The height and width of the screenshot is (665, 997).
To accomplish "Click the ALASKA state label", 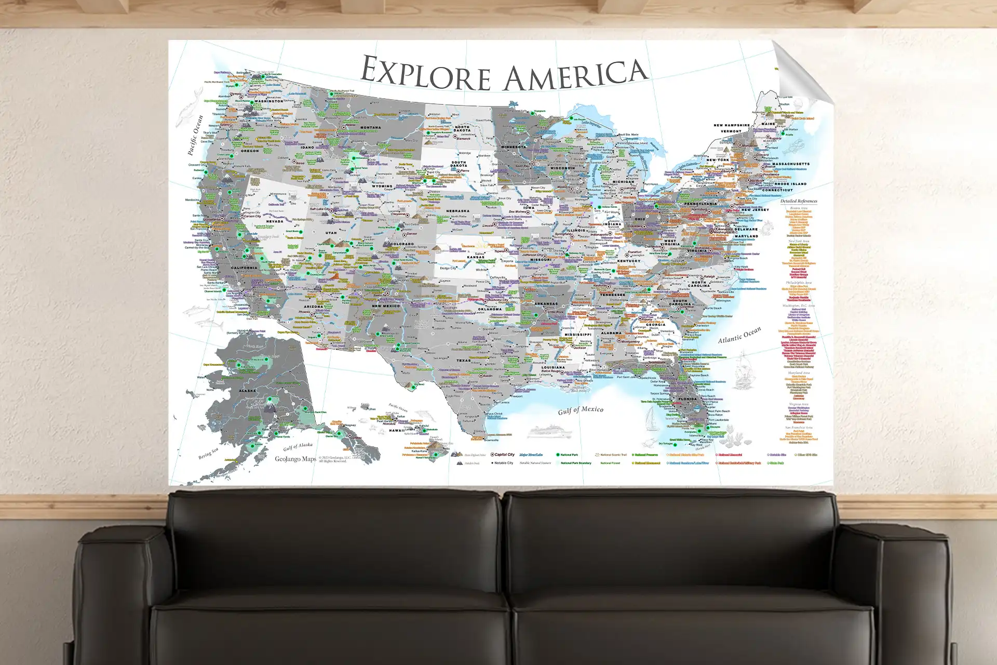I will pyautogui.click(x=247, y=391).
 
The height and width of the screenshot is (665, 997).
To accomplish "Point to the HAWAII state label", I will pyautogui.click(x=396, y=430).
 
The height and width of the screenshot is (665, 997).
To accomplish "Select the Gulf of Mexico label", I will pyautogui.click(x=581, y=410).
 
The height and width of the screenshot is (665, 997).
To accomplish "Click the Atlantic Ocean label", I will pyautogui.click(x=739, y=335).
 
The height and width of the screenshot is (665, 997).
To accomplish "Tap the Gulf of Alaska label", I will pyautogui.click(x=298, y=446).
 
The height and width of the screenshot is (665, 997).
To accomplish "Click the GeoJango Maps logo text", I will pyautogui.click(x=295, y=459).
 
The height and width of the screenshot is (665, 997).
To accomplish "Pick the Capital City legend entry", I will pyautogui.click(x=504, y=455).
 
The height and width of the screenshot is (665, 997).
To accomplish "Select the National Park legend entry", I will pyautogui.click(x=569, y=455).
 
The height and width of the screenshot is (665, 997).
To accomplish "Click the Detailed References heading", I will pyautogui.click(x=798, y=201).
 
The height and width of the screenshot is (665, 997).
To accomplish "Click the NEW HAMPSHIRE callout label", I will pyautogui.click(x=731, y=125).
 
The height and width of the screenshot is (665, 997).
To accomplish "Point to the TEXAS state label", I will pyautogui.click(x=463, y=360).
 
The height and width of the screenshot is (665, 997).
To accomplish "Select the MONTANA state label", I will pyautogui.click(x=370, y=127).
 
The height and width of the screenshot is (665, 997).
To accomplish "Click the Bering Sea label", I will pyautogui.click(x=208, y=454).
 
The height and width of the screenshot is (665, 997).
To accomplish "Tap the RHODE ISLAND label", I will pyautogui.click(x=790, y=184).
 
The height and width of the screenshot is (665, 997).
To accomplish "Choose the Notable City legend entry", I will pyautogui.click(x=503, y=463).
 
